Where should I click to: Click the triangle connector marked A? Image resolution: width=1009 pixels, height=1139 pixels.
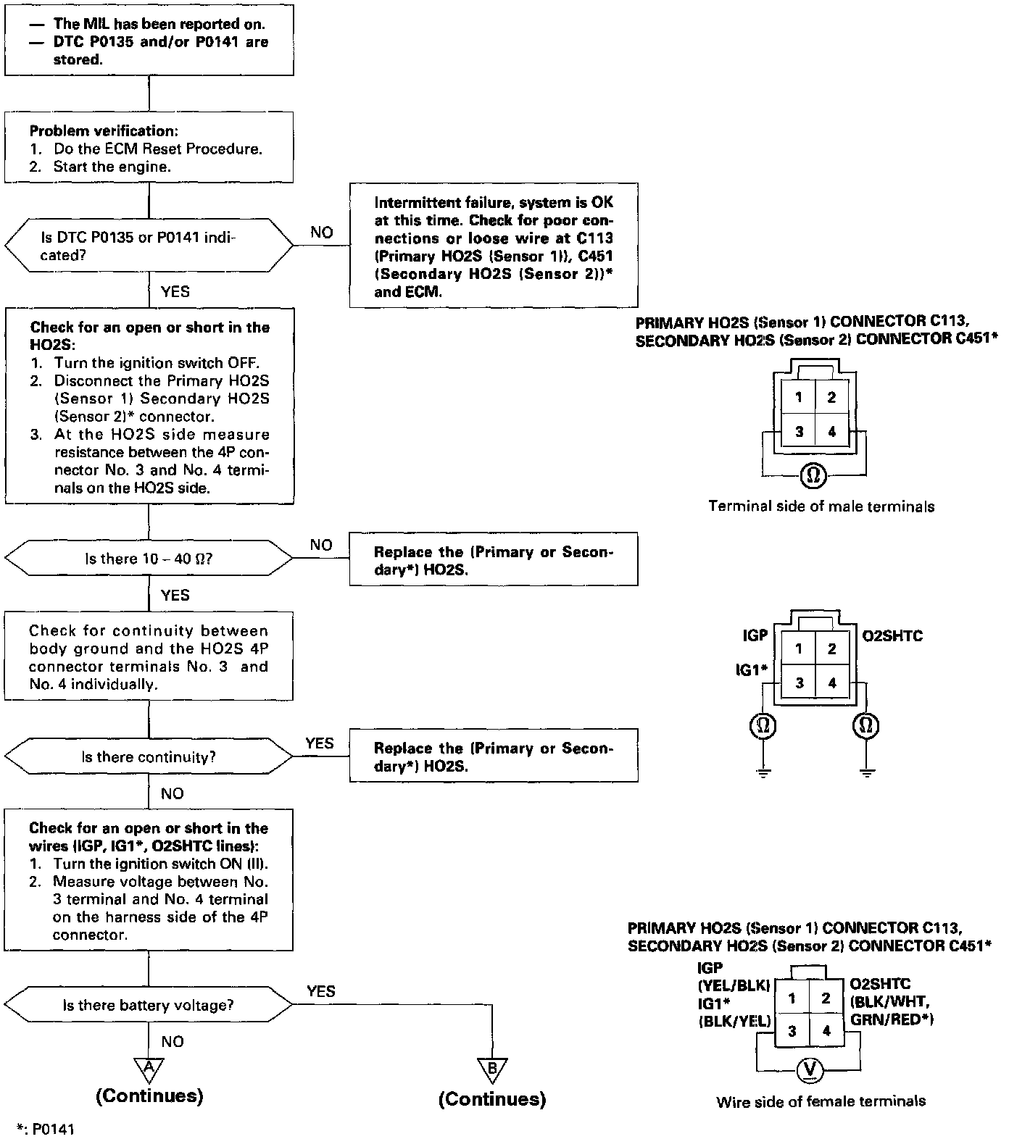click(149, 1068)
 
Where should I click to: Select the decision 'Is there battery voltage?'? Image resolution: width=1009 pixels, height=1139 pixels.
click(148, 1005)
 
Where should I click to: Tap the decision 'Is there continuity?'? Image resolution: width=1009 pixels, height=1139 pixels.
click(149, 757)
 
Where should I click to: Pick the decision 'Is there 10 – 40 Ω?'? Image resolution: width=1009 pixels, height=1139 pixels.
click(149, 559)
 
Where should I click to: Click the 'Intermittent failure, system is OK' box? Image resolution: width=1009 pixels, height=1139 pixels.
click(494, 246)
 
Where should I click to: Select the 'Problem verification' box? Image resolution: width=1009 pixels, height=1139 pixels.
click(149, 148)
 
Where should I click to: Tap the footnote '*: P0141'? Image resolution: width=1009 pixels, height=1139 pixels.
click(46, 1129)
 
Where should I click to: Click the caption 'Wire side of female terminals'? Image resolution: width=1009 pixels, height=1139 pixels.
click(821, 1101)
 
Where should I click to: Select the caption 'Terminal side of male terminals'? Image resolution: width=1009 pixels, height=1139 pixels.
click(821, 506)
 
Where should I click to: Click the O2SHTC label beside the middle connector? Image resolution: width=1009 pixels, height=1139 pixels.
click(891, 637)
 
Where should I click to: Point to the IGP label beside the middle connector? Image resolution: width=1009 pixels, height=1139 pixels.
click(755, 635)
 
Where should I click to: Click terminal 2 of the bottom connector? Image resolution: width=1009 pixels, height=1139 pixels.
click(826, 998)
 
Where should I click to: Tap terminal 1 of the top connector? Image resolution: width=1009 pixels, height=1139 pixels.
click(798, 397)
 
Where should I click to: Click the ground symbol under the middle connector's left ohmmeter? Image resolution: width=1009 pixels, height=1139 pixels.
click(763, 773)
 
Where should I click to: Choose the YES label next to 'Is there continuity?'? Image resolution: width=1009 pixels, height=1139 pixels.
click(320, 743)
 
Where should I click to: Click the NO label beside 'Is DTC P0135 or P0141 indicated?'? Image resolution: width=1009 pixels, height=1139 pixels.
click(322, 232)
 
